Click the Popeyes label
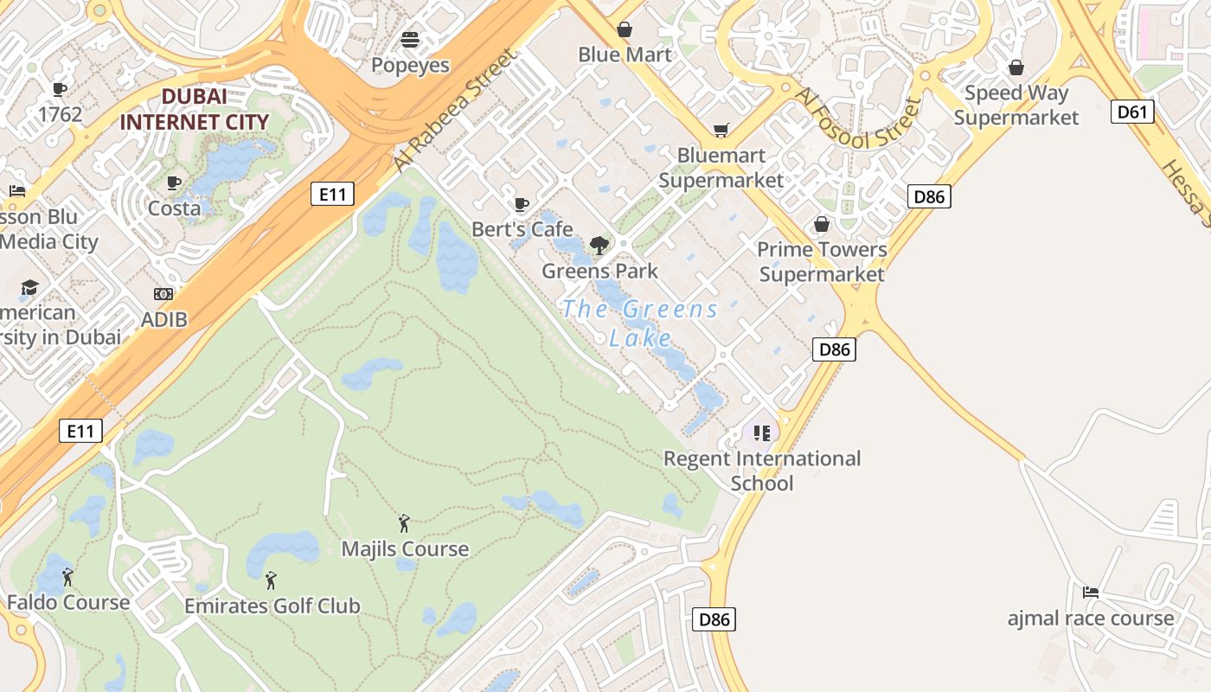pyautogui.click(x=410, y=65)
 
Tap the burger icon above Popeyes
pyautogui.click(x=410, y=39)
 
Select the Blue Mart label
pyautogui.click(x=625, y=54)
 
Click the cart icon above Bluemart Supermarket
pyautogui.click(x=721, y=130)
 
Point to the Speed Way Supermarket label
pyautogui.click(x=1016, y=105)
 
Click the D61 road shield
pyautogui.click(x=1132, y=111)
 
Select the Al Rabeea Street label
pyautogui.click(x=455, y=109)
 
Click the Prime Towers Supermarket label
pyautogui.click(x=822, y=261)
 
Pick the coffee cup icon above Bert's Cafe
pyautogui.click(x=522, y=204)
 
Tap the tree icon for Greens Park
pyautogui.click(x=599, y=246)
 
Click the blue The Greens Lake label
pyautogui.click(x=640, y=323)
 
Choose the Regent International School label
pyautogui.click(x=762, y=471)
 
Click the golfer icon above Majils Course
pyautogui.click(x=404, y=523)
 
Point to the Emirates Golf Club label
pyautogui.click(x=272, y=605)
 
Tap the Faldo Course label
pyautogui.click(x=68, y=602)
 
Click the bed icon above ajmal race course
pyautogui.click(x=1091, y=593)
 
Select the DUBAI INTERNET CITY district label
pyautogui.click(x=195, y=109)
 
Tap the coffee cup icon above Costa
pyautogui.click(x=174, y=183)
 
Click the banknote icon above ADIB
pyautogui.click(x=163, y=294)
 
